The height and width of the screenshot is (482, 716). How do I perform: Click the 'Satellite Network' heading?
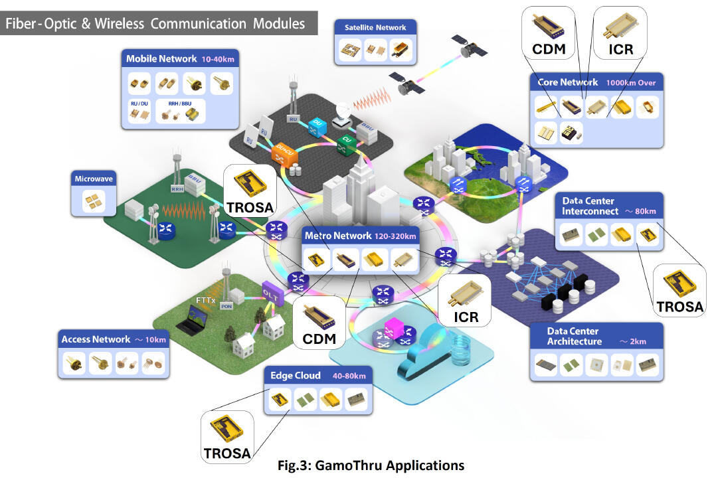(x=375, y=28)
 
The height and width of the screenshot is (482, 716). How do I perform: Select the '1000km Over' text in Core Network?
(x=630, y=83)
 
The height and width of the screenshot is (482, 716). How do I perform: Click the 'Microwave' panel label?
(x=92, y=179)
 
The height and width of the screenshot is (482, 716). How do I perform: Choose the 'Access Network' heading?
(x=96, y=339)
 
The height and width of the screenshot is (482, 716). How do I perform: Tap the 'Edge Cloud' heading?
(x=296, y=375)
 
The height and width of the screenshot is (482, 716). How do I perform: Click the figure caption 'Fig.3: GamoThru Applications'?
(x=371, y=465)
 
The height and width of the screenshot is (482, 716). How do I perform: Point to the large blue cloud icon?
(x=426, y=359)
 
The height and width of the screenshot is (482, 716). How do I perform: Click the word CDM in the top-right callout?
(x=548, y=49)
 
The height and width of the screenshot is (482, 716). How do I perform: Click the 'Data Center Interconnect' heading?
(x=588, y=206)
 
